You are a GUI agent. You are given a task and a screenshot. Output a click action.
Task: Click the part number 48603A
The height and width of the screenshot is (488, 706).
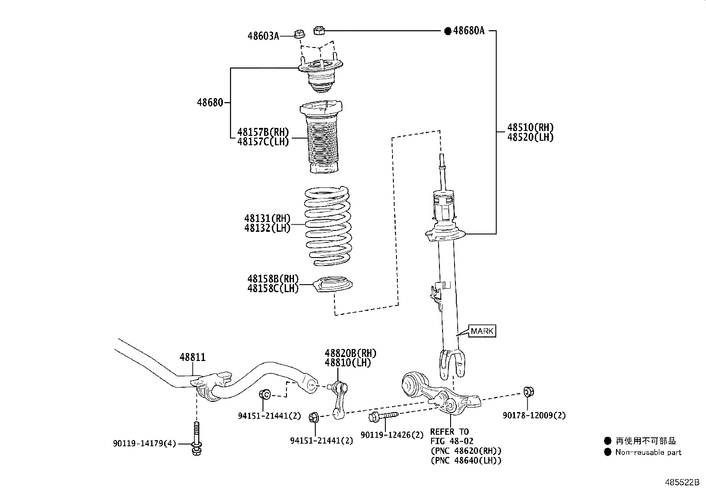click(263, 36)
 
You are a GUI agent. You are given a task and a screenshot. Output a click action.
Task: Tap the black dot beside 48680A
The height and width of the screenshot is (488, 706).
click(447, 31)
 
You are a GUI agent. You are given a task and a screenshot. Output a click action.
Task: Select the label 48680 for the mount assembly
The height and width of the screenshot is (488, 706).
click(210, 103)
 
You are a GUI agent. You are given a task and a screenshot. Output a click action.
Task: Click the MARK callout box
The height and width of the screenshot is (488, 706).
click(482, 331)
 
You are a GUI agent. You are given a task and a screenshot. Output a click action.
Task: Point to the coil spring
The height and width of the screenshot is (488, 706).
click(328, 226)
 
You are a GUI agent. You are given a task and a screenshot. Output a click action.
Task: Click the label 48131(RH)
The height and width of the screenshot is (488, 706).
click(267, 218)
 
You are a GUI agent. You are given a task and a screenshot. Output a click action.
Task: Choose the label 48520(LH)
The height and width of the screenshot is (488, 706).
click(530, 137)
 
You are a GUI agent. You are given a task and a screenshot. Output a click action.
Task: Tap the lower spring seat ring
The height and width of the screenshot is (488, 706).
click(333, 284)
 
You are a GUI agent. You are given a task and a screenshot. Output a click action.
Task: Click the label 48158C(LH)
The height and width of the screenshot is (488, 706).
click(273, 289)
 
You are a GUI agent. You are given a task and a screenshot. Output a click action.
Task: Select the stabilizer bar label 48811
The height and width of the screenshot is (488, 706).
click(192, 357)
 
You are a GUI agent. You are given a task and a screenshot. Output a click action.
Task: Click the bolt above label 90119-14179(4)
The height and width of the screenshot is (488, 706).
click(196, 438)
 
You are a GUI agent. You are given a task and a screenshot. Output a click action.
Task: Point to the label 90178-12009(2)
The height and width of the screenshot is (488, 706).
click(534, 416)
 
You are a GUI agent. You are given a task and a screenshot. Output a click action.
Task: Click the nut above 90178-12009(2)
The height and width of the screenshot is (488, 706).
click(529, 392)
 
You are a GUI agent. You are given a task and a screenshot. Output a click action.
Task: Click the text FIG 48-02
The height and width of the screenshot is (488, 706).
click(451, 441)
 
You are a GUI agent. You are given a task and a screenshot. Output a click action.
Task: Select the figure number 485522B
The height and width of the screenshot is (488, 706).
click(682, 482)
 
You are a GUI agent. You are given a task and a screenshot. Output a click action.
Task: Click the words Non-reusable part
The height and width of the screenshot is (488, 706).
click(648, 452)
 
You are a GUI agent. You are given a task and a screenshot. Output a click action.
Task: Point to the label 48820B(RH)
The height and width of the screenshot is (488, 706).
click(351, 353)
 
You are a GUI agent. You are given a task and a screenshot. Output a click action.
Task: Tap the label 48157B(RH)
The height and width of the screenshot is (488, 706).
click(263, 132)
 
